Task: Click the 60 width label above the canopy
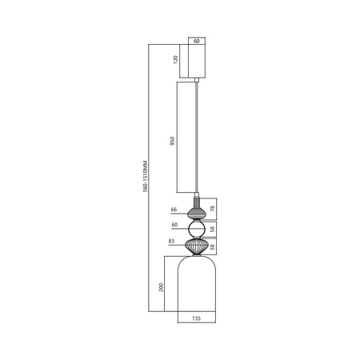coord(197,38)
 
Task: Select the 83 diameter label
coord(173,241)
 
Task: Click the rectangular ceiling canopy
coord(197,61)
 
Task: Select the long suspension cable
coord(197,136)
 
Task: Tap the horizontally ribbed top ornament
coord(197,213)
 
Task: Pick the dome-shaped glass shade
coord(197,288)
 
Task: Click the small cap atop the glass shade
coord(197,256)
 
